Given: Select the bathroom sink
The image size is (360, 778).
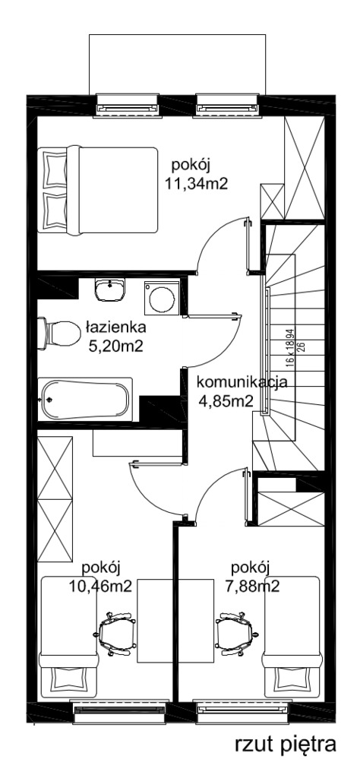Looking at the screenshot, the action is click(110, 289).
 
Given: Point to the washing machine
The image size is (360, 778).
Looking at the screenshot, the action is click(162, 298).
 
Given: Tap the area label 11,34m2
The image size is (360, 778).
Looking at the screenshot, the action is click(196, 184).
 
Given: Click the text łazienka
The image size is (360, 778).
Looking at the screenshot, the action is click(115, 327).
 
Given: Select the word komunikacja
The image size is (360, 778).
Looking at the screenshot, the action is click(242, 383).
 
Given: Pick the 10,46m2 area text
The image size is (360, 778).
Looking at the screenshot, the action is click(101, 587).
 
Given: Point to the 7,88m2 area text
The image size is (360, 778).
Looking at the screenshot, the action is click(251, 587).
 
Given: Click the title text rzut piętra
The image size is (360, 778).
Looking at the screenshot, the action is click(286, 745).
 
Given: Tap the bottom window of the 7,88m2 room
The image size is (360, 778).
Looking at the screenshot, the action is click(243, 711).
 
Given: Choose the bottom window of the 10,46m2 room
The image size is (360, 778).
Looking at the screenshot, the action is click(119, 711).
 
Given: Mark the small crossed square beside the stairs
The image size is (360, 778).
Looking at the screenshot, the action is click(272, 201).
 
